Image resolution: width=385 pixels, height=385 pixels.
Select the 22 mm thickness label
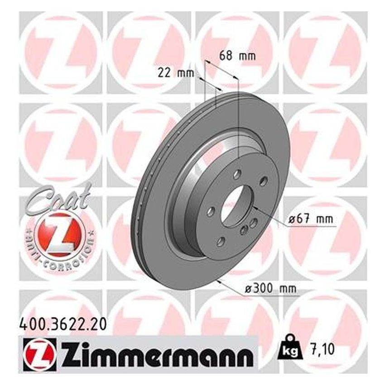coord(176,72)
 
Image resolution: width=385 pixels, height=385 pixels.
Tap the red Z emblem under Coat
coord(59,232)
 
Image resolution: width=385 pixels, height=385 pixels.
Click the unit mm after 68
coord(247,57)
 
